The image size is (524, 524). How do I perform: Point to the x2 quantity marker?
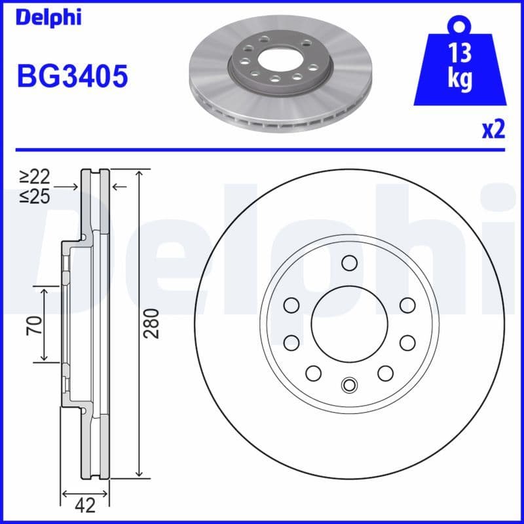(x=493, y=129)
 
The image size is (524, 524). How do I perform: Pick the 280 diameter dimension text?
(x=151, y=323)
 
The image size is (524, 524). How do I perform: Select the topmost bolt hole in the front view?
(x=349, y=263)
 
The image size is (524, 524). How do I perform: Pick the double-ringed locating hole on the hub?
(x=349, y=384)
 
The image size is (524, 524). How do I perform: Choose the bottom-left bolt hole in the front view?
(x=314, y=373)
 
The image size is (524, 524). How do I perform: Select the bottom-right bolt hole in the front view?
(x=384, y=373)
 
